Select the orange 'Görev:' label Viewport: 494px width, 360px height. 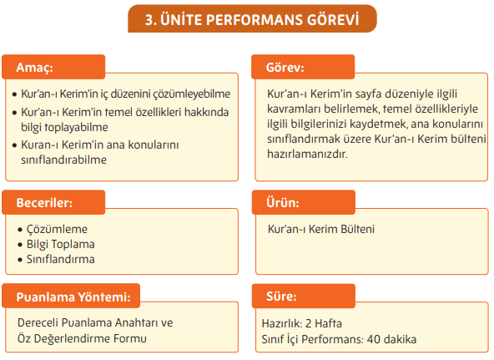point(285,67)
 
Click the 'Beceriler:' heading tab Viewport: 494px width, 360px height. point(49,203)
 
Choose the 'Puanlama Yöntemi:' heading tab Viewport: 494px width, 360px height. point(73,296)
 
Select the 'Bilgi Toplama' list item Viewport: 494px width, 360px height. point(61,244)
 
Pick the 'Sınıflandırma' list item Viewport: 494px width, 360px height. point(62,259)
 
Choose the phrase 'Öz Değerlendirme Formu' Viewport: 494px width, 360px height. point(82,337)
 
